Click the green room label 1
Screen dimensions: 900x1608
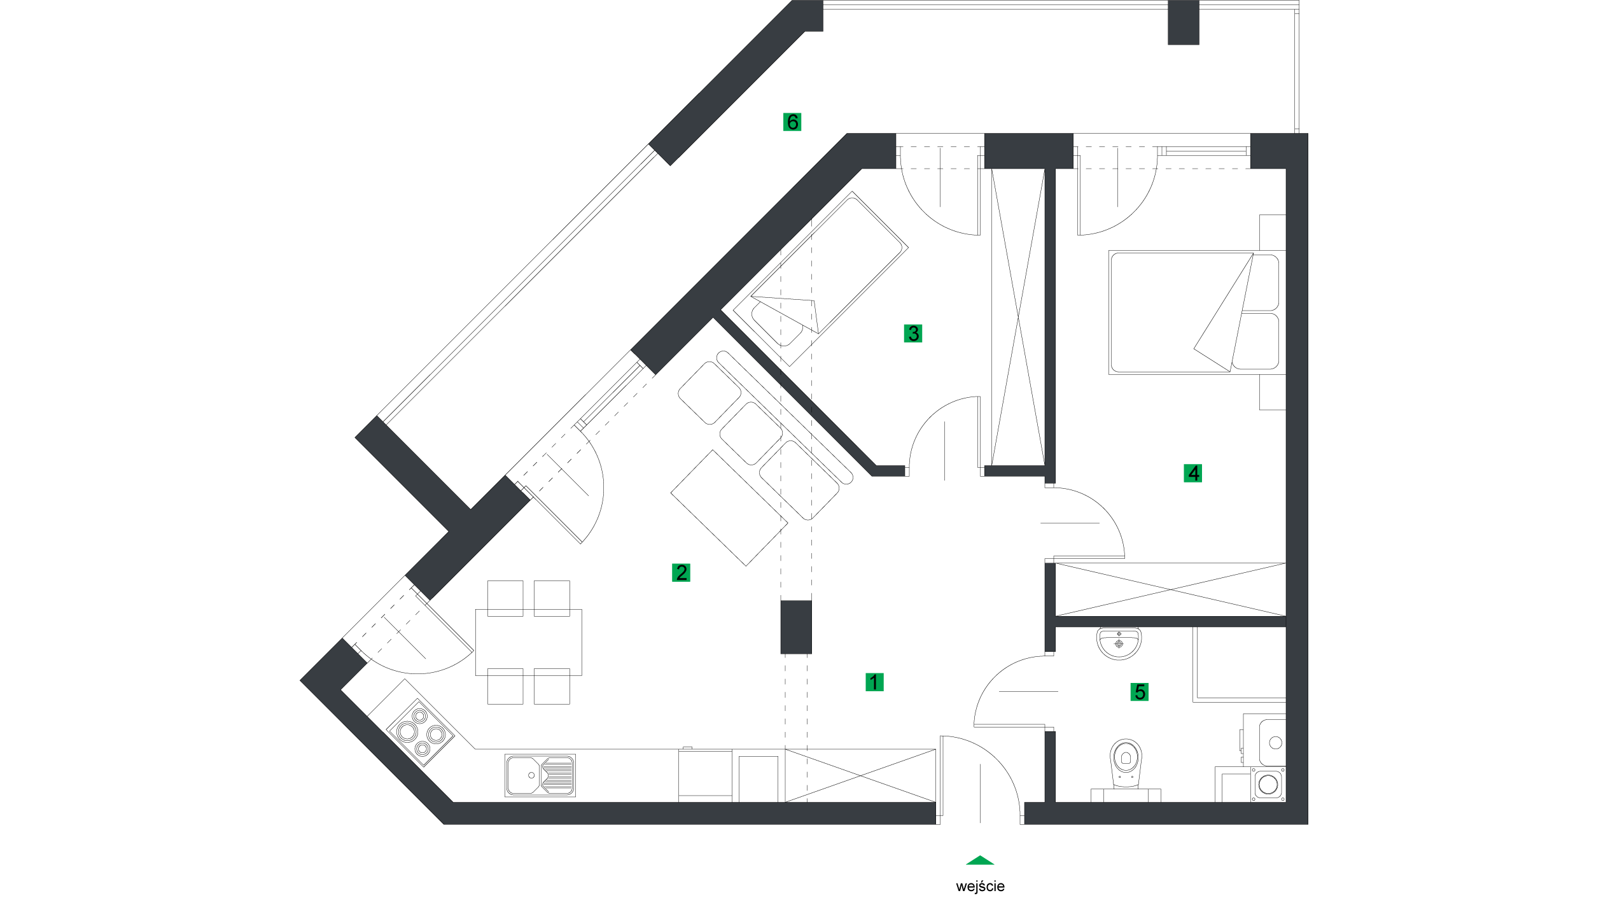click(x=874, y=682)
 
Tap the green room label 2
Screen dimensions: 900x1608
click(x=681, y=572)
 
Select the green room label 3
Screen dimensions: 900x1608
click(x=912, y=333)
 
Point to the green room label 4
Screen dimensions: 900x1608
click(x=1192, y=473)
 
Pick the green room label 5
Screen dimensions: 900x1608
click(x=1139, y=692)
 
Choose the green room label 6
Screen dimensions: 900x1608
click(x=792, y=122)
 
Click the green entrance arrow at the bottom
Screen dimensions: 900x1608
click(x=980, y=861)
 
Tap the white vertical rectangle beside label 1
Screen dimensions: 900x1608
click(x=927, y=566)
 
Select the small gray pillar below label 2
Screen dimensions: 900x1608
click(x=796, y=627)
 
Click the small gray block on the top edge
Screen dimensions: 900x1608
click(x=1183, y=22)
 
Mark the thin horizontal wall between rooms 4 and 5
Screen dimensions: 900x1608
click(x=1170, y=621)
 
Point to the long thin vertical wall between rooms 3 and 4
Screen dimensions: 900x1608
click(x=1050, y=318)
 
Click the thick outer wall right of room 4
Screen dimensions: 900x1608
click(x=1297, y=446)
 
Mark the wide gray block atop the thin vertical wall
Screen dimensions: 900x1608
click(x=1028, y=151)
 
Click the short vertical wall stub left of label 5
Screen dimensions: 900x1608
click(x=1050, y=767)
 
